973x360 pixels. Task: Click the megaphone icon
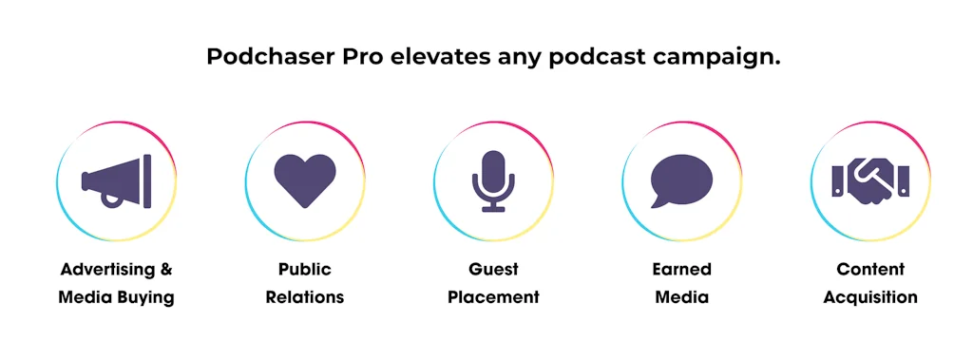pyautogui.click(x=116, y=180)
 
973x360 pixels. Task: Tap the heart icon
pyautogui.click(x=304, y=180)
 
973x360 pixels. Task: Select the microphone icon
pyautogui.click(x=493, y=180)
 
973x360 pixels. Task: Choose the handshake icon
pyautogui.click(x=870, y=180)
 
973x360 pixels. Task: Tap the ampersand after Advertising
pyautogui.click(x=165, y=270)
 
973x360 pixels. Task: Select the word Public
pyautogui.click(x=304, y=270)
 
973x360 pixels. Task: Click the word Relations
pyautogui.click(x=304, y=297)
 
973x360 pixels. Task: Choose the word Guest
pyautogui.click(x=493, y=270)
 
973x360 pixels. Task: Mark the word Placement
pyautogui.click(x=493, y=297)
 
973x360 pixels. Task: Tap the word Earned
pyautogui.click(x=681, y=270)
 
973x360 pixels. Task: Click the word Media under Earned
pyautogui.click(x=681, y=297)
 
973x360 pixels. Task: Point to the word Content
pyautogui.click(x=870, y=270)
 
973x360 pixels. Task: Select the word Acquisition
pyautogui.click(x=870, y=297)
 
